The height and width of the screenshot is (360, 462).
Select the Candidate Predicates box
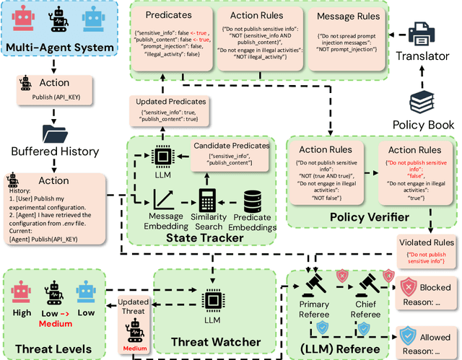[231, 155]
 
